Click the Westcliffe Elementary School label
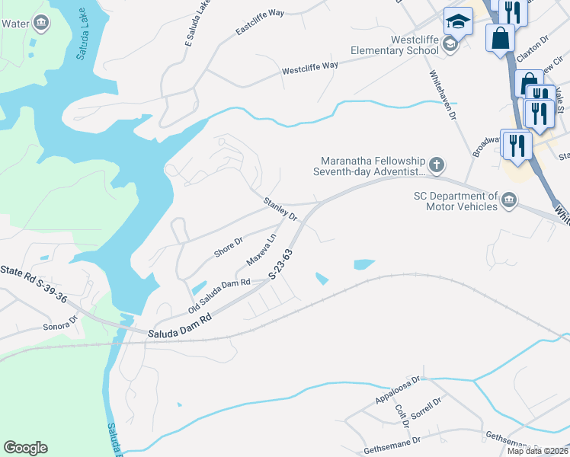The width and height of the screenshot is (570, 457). (394, 45)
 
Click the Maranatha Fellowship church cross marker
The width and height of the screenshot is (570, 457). (437, 165)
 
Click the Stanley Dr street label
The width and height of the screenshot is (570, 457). (280, 209)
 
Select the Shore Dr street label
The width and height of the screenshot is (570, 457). (229, 248)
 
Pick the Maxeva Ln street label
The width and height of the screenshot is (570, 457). (261, 250)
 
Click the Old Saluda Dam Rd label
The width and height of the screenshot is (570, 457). (219, 296)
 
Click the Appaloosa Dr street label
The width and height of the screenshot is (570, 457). (398, 389)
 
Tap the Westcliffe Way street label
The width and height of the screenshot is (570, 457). (310, 67)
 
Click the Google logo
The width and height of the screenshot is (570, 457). (25, 448)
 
